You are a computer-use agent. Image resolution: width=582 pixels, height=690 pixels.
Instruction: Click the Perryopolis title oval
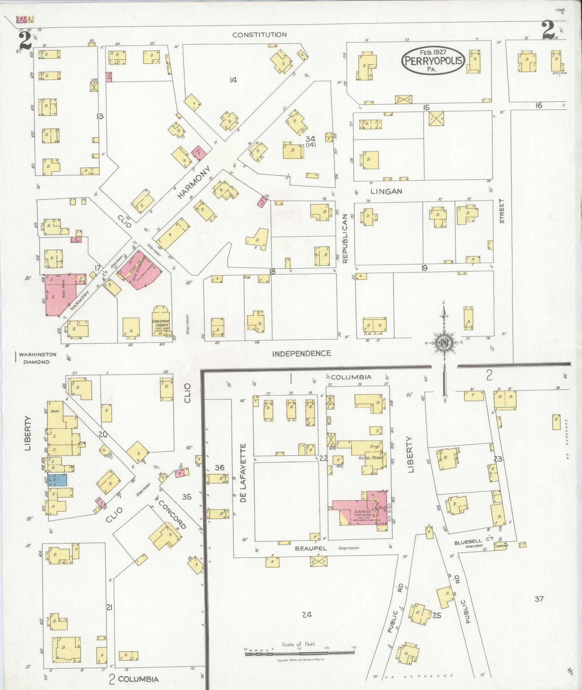433,61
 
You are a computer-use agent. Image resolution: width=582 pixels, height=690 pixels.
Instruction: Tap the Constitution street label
259,35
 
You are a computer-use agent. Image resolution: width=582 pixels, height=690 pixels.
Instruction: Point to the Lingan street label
386,192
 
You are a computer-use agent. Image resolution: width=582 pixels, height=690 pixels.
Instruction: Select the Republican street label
345,238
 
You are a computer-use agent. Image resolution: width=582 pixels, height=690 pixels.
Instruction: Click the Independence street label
302,353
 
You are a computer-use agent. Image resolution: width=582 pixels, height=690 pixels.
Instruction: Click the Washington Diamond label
36,358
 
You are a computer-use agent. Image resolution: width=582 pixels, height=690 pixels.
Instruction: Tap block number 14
233,80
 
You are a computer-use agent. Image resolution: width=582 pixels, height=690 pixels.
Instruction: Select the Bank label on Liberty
55,411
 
